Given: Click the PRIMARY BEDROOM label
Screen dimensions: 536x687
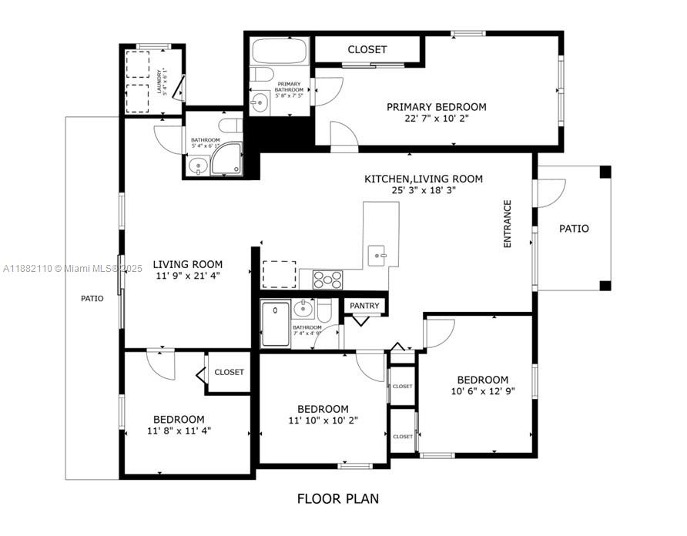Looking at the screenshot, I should point(436,107).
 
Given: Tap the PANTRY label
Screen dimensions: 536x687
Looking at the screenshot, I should point(364,306).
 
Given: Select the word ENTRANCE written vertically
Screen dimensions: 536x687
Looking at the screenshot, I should point(508,224).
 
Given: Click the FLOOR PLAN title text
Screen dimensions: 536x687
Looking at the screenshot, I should point(338,498).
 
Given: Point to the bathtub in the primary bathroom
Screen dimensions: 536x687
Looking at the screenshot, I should point(279,51).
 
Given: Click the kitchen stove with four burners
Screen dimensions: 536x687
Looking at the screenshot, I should point(327,280).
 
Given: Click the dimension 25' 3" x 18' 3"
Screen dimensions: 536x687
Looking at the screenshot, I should point(424,190).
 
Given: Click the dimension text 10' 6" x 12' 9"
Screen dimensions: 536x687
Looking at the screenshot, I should point(482,391).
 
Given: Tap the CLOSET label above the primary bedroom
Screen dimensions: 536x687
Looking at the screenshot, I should point(367,49).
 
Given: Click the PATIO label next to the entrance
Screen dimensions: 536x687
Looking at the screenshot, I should point(574,229).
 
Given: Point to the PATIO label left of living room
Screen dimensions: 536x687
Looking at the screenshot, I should point(92,298).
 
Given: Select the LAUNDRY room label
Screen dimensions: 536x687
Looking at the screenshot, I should point(159,81).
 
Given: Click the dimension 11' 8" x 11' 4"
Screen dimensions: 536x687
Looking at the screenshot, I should point(179,430).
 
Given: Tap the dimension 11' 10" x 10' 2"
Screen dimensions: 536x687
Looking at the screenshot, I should point(323,420).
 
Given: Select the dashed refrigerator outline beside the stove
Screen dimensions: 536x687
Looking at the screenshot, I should point(278,273).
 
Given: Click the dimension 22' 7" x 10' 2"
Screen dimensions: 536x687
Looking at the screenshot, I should point(436,119).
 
